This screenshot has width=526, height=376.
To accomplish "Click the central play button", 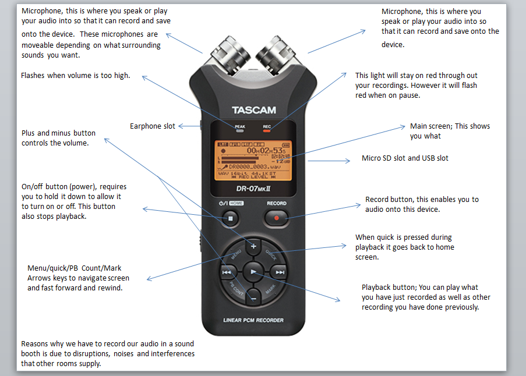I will point(253,271).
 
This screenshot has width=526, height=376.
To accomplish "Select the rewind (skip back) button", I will point(227,272).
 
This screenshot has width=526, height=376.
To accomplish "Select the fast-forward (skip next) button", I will point(280,272).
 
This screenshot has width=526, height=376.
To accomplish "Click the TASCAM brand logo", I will point(253,110).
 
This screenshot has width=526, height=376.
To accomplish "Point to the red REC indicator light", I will point(267,131).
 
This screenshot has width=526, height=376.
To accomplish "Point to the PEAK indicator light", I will point(239,131).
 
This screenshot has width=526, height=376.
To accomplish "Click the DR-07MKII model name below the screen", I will point(253,189).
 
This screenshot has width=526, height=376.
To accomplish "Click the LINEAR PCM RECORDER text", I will point(253,320).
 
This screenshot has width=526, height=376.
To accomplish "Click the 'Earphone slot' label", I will point(152,126).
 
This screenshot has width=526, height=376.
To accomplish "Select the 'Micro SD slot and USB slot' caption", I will point(405,158).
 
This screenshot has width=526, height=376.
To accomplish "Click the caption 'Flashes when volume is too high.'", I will point(75,76).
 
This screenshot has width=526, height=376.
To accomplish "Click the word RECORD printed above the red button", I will point(277,204).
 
